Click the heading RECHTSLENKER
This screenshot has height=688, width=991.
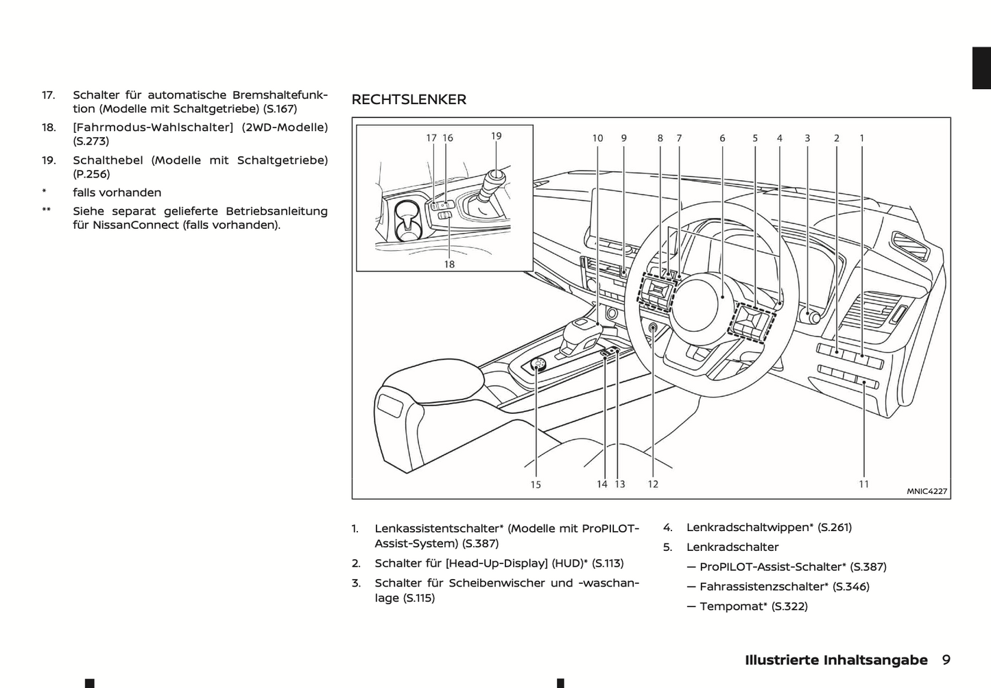(x=409, y=99)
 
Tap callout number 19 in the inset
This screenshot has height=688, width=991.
(x=497, y=136)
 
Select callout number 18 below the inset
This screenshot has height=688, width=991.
(x=449, y=264)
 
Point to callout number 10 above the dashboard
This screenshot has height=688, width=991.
(x=597, y=138)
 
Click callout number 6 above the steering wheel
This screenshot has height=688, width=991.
(x=722, y=138)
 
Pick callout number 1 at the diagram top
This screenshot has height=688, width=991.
(x=862, y=138)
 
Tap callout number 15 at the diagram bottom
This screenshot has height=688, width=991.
(x=536, y=484)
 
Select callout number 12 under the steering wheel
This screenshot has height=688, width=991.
(x=653, y=484)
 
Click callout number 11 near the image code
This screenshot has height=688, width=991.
(x=864, y=484)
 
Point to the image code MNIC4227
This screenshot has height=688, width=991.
(x=927, y=491)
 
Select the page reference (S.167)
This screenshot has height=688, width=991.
(x=280, y=108)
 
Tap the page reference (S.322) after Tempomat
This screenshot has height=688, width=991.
(x=789, y=606)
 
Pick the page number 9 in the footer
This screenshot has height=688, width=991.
(x=946, y=660)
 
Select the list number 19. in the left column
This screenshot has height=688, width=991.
(x=49, y=160)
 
